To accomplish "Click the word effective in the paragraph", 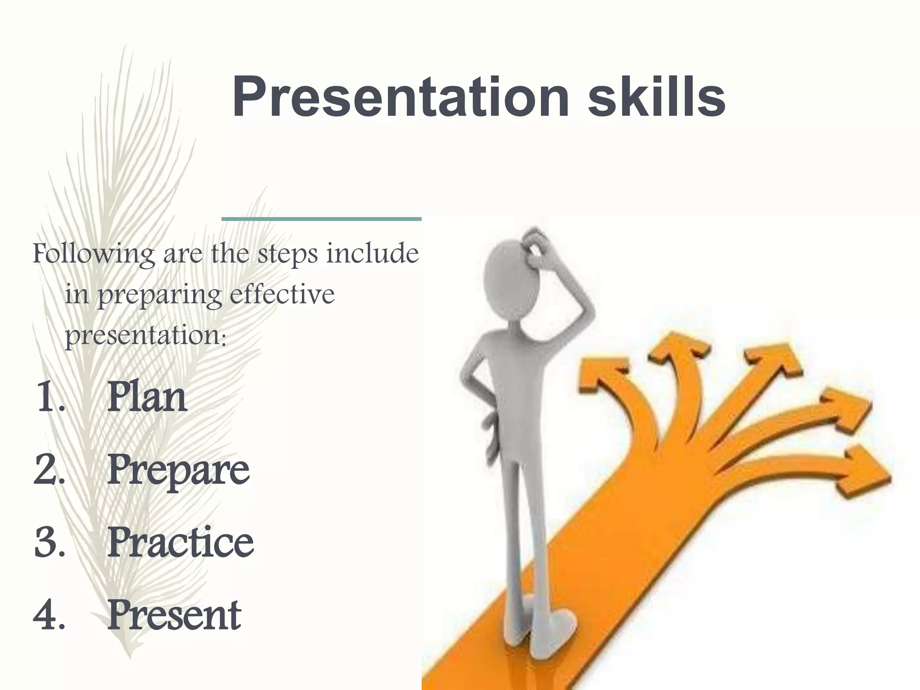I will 282,295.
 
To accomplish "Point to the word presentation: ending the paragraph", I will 146,335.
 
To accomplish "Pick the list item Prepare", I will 178,471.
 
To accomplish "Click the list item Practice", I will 180,542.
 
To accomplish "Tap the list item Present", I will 174,615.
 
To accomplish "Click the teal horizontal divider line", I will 321,219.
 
